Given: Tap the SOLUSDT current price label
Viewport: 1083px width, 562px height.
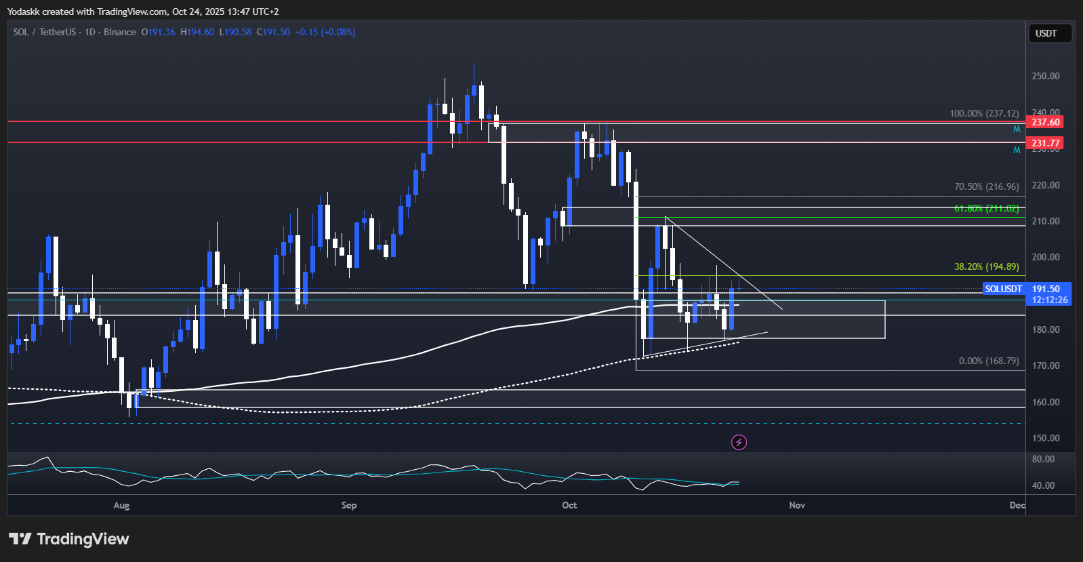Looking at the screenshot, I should tap(1027, 294).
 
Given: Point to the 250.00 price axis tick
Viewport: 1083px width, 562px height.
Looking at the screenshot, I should tap(1045, 76).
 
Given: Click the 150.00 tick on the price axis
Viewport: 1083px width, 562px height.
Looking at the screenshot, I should tap(1045, 438).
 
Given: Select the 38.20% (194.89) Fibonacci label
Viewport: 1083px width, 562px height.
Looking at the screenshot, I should tap(986, 266).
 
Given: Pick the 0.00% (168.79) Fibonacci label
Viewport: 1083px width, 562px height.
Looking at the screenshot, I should tap(989, 361).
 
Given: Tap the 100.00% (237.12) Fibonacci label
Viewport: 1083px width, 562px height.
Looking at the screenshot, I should tap(984, 113).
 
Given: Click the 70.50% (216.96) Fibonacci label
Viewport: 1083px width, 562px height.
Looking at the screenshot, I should tap(986, 186).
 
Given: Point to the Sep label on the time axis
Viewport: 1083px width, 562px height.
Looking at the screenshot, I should tap(349, 505).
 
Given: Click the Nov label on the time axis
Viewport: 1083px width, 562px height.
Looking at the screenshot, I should tap(797, 505).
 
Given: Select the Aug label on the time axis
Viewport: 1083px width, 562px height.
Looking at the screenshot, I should tap(121, 505).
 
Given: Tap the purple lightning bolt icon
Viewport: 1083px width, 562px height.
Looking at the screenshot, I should tap(739, 443).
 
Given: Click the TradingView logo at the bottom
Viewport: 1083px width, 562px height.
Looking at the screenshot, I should tap(68, 539).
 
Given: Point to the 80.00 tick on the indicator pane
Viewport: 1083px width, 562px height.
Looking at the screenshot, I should tap(1043, 459).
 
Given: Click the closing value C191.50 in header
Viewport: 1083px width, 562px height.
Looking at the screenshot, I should tap(273, 32).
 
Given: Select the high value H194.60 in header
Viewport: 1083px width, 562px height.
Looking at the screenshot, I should tap(197, 32).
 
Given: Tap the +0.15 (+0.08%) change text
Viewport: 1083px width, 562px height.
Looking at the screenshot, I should tap(325, 32).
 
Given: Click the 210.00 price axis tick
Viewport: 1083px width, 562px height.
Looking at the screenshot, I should tap(1045, 221).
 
